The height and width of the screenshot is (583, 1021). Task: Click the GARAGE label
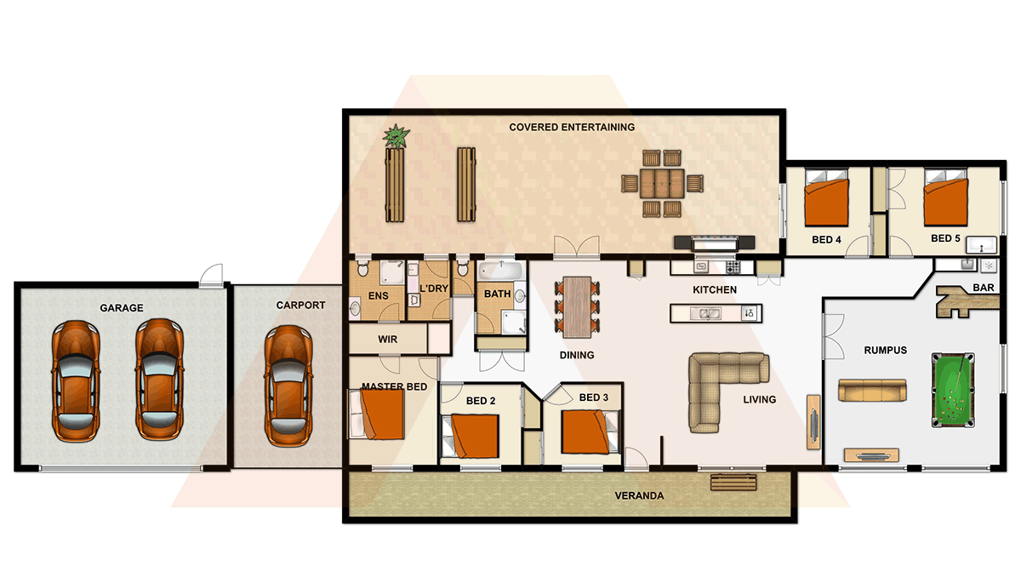[x=121, y=308]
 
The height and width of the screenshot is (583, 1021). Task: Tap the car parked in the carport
[x=287, y=384]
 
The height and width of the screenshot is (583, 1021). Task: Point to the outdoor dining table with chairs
[x=663, y=183]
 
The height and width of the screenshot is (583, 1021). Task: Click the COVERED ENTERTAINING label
[x=572, y=128]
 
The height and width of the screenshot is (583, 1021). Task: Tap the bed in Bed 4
[x=826, y=199]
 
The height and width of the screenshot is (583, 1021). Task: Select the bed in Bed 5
[x=945, y=198]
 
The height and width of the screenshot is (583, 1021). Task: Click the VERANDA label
[x=639, y=495]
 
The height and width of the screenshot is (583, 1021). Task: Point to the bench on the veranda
[x=733, y=483]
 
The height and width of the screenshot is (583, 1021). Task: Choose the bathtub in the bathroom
[x=497, y=272]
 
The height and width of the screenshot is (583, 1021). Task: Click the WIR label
[x=387, y=340]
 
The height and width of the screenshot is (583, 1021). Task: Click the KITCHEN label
[x=714, y=290]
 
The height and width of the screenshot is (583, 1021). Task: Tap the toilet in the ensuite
[x=362, y=271]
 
